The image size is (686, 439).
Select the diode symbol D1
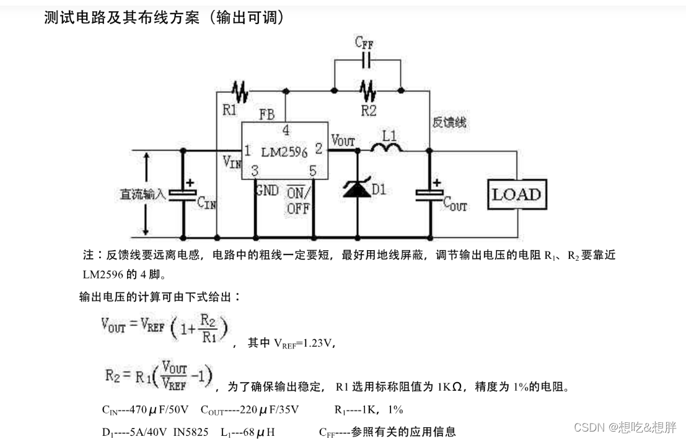coord(358,189)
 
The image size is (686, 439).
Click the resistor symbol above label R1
coord(240,92)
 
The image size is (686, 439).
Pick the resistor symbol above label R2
coord(369,91)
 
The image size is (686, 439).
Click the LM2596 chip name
coord(284,152)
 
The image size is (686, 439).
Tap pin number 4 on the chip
coord(286,131)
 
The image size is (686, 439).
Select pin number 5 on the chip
coord(313,170)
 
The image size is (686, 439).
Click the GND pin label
coord(267,190)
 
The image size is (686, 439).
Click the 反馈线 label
coord(449,123)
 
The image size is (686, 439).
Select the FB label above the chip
coord(268,115)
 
